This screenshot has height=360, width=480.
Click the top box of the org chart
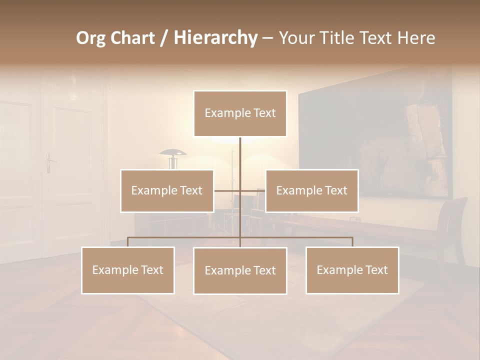pyautogui.click(x=240, y=113)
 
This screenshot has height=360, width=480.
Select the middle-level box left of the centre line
pyautogui.click(x=167, y=190)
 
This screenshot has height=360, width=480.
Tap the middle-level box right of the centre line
pyautogui.click(x=311, y=190)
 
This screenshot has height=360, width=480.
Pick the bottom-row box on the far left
pyautogui.click(x=128, y=270)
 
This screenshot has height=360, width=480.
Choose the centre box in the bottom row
pyautogui.click(x=240, y=270)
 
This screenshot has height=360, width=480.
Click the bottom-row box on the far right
pyautogui.click(x=352, y=270)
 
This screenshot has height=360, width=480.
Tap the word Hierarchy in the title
pyautogui.click(x=215, y=38)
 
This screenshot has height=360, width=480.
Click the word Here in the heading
pyautogui.click(x=416, y=38)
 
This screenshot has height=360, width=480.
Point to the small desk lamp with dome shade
pyautogui.click(x=173, y=157)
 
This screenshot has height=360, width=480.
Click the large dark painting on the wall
pyautogui.click(x=375, y=145)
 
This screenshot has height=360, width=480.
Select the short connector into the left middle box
pyautogui.click(x=227, y=190)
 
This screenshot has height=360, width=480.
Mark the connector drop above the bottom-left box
pyautogui.click(x=128, y=242)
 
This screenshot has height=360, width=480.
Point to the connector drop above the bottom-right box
pyautogui.click(x=352, y=242)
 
